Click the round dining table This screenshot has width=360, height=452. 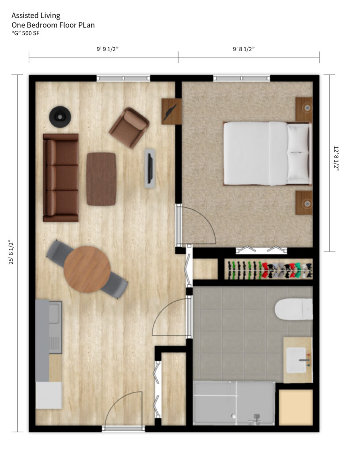tap(87, 269)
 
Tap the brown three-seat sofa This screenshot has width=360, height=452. tap(61, 177)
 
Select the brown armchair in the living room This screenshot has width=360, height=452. tap(129, 128)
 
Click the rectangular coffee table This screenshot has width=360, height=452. tap(101, 179)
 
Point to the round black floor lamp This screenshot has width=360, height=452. tap(60, 117)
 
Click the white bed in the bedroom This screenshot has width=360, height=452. tap(268, 153)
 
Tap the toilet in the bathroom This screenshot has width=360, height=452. tap(293, 309)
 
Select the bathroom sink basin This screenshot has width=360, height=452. tap(296, 360)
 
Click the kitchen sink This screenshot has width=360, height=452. tap(55, 313)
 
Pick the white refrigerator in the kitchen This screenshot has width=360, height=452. tap(49, 395)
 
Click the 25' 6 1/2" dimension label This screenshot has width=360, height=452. tap(11, 252)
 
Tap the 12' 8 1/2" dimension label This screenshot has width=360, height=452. tap(336, 158)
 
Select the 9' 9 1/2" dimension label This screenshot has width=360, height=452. tap(108, 49)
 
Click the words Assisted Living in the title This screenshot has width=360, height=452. tap(36, 15)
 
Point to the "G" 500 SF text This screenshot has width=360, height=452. tap(25, 33)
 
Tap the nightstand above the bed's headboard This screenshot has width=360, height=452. tap(304, 109)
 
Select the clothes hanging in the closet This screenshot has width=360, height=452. tap(269, 270)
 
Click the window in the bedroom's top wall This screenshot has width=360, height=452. tap(242, 78)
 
